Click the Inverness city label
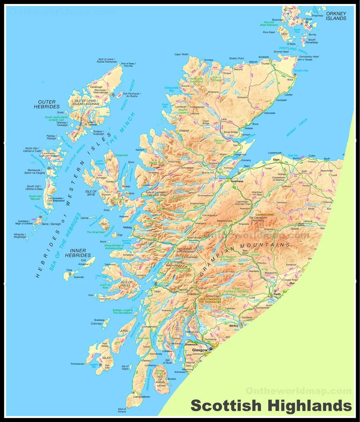pos(237,181)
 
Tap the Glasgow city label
pos(200,350)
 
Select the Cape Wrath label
pos(181,54)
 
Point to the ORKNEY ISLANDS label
pos(336,16)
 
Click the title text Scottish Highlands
pos(271,405)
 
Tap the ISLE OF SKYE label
pos(91,193)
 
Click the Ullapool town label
pos(184,130)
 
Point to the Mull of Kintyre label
pos(122,410)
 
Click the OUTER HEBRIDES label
pos(47,105)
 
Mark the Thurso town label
pos(265,63)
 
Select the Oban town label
pos(157,292)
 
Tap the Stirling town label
pos(234,325)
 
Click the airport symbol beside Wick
pos(295,75)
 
